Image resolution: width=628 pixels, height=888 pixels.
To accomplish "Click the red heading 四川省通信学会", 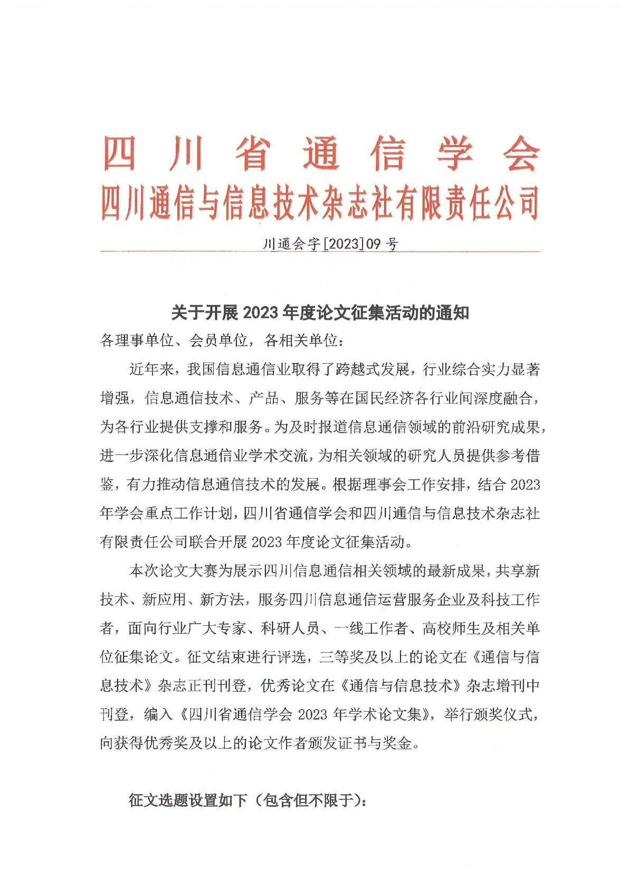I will click(321, 154).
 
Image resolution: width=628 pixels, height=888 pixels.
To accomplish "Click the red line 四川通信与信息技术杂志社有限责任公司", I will click(320, 203).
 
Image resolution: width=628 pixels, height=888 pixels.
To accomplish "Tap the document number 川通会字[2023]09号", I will click(330, 244).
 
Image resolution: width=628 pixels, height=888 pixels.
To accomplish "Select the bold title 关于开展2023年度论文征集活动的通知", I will click(320, 313).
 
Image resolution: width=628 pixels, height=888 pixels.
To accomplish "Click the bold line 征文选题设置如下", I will click(187, 801).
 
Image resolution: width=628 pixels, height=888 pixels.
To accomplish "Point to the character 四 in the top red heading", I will click(119, 154).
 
